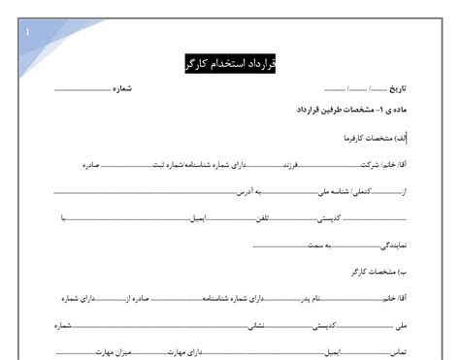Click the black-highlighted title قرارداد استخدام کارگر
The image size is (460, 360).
[x=231, y=64]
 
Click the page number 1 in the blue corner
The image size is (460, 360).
[x=27, y=32]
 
